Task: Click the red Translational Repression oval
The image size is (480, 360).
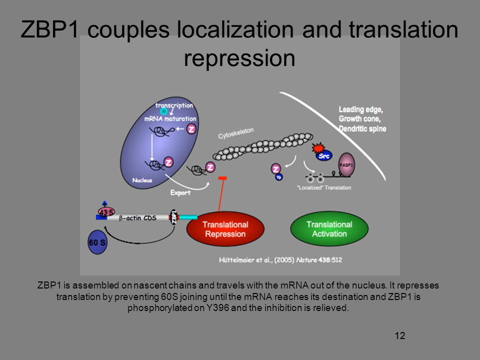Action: (225, 229)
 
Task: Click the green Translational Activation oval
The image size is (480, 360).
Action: (329, 229)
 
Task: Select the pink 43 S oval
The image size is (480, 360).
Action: (105, 212)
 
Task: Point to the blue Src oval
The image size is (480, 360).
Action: (323, 155)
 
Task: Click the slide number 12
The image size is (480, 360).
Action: (399, 335)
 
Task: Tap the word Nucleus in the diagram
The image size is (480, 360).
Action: (142, 179)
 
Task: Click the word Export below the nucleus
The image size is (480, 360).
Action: (180, 192)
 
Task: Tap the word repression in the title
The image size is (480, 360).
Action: (239, 58)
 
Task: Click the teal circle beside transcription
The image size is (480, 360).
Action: (163, 111)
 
